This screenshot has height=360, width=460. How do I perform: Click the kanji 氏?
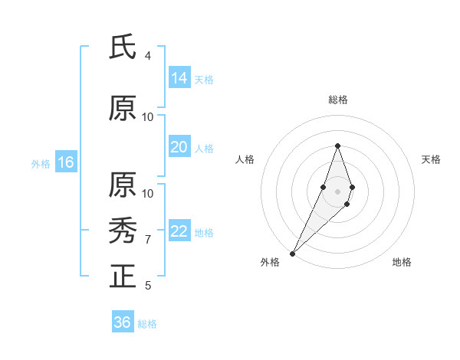coord(123,47)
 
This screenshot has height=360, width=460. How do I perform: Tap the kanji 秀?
coord(123,229)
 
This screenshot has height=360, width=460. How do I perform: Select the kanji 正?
coord(123,274)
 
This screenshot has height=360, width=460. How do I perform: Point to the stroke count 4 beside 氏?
coord(148,56)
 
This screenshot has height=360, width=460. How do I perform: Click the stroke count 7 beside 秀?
coord(148,239)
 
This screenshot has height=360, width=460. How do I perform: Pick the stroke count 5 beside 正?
coord(148,286)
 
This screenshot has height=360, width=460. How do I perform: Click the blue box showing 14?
coord(179,77)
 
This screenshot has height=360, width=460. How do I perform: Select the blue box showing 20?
coord(179,147)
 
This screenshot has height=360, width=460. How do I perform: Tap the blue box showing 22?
coord(179,231)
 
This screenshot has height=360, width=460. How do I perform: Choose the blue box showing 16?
coord(66,162)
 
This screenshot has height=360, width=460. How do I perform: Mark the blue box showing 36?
coord(123,322)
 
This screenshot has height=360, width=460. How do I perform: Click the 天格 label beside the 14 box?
coord(204,79)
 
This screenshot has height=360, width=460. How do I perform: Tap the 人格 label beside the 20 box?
coord(204,149)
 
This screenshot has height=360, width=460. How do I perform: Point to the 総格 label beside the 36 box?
coord(147,324)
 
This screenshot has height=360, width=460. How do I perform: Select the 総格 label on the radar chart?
coord(338,100)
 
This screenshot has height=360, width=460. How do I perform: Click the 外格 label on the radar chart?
coord(270,262)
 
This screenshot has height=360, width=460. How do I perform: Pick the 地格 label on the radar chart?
coord(402,262)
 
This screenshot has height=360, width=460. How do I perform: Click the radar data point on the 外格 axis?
coord(292,253)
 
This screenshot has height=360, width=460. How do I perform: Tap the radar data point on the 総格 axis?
coord(338,146)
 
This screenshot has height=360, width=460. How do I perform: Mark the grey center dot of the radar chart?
coord(338,191)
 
